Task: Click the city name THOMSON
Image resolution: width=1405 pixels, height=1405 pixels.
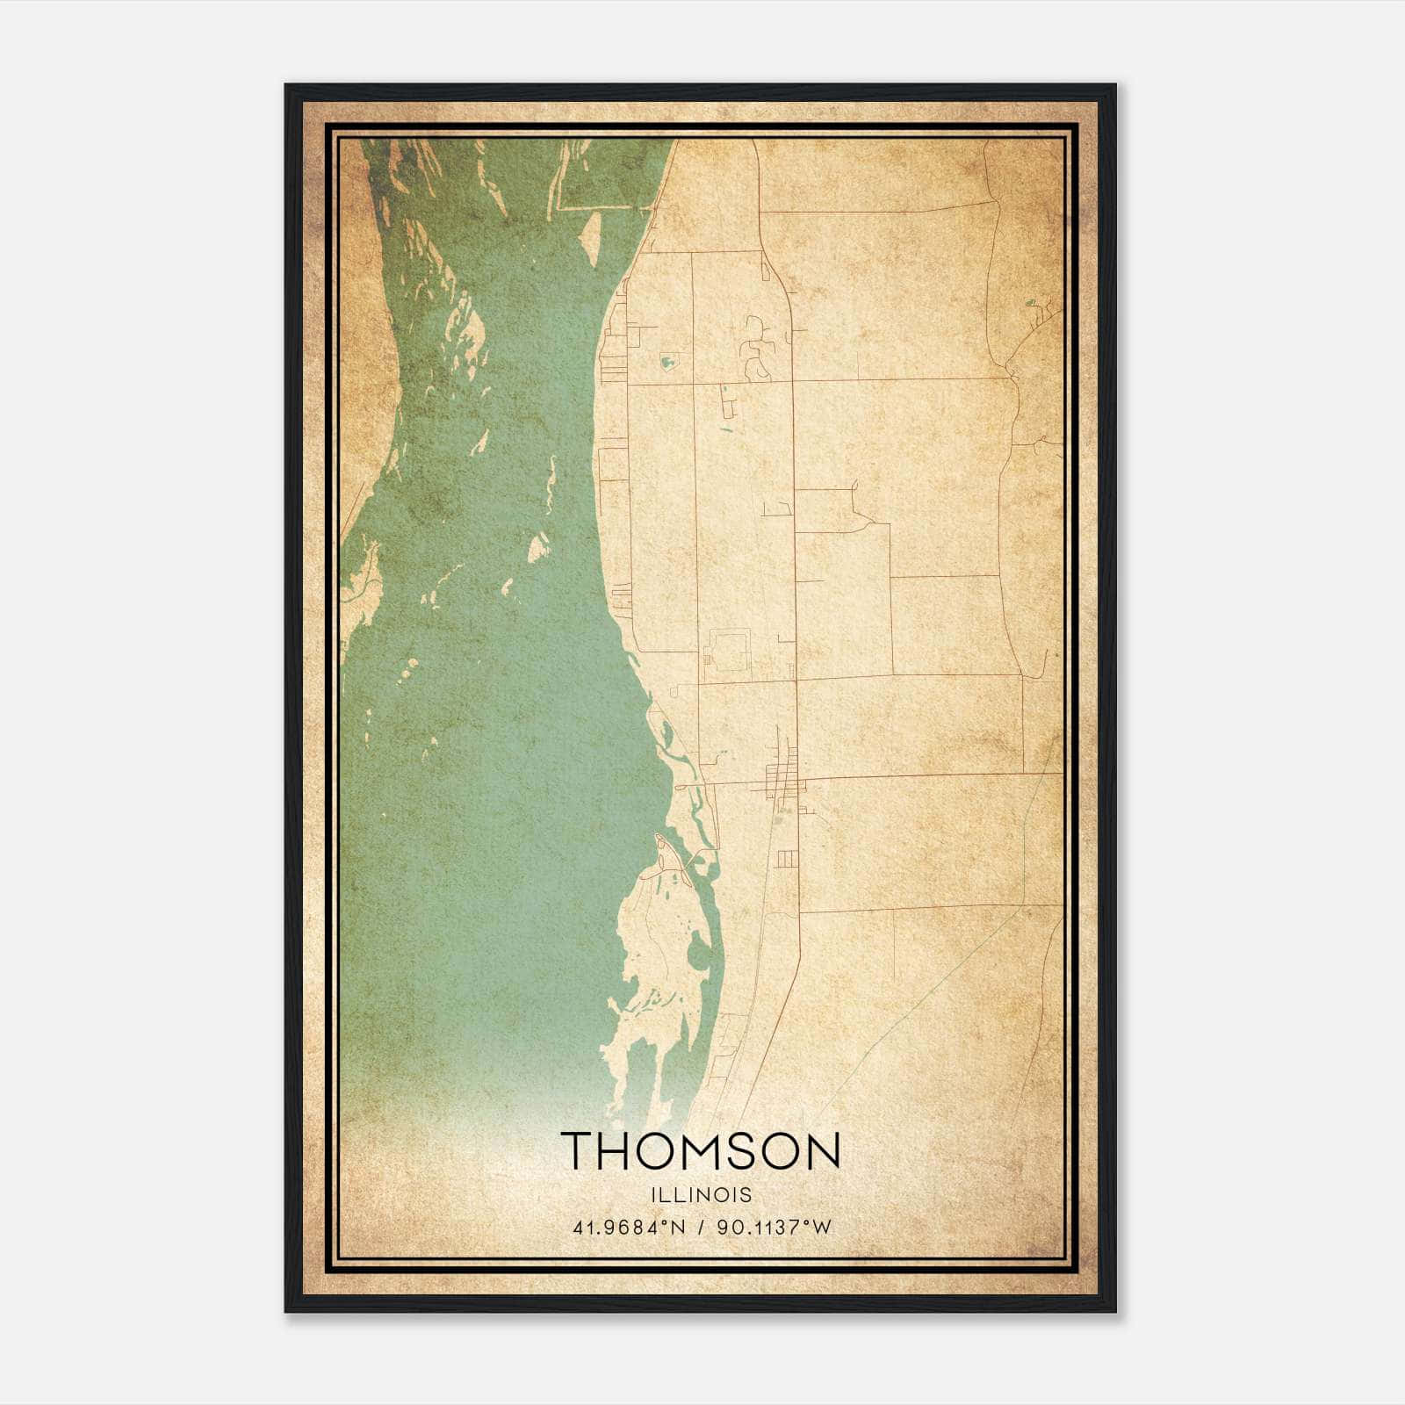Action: pos(701,1150)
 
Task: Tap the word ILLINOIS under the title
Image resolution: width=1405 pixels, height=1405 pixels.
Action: pos(701,1195)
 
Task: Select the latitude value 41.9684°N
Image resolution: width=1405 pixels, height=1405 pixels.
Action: pos(628,1227)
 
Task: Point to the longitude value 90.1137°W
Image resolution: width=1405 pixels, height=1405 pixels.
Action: pos(774,1227)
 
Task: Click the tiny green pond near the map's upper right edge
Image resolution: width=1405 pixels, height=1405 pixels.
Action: pos(1033,307)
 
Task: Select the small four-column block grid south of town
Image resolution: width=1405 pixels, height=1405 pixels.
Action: pos(787,858)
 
